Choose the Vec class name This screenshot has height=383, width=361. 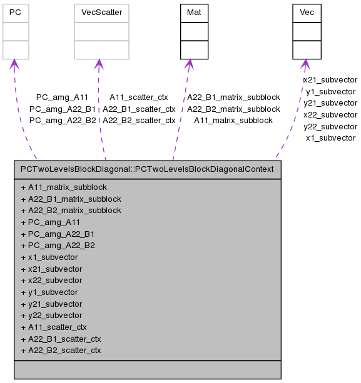[x=307, y=12]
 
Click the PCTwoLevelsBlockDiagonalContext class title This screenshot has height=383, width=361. [x=148, y=169]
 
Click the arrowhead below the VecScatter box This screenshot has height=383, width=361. [x=98, y=64]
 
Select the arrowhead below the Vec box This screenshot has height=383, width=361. [x=305, y=64]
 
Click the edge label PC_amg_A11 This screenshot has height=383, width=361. [x=62, y=97]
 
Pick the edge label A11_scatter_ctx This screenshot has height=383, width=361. [x=139, y=97]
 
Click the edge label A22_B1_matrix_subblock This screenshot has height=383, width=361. [x=233, y=97]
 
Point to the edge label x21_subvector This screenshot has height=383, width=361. [x=330, y=80]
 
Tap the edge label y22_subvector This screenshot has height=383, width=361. [x=330, y=127]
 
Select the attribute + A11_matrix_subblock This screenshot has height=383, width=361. [x=64, y=187]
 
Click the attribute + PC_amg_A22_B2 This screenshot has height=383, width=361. [x=58, y=246]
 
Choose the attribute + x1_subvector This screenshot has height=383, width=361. [x=49, y=257]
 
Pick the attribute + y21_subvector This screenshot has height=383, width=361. [x=51, y=304]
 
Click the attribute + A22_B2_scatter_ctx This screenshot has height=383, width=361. [x=61, y=351]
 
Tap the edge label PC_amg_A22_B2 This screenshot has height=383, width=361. [x=63, y=121]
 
